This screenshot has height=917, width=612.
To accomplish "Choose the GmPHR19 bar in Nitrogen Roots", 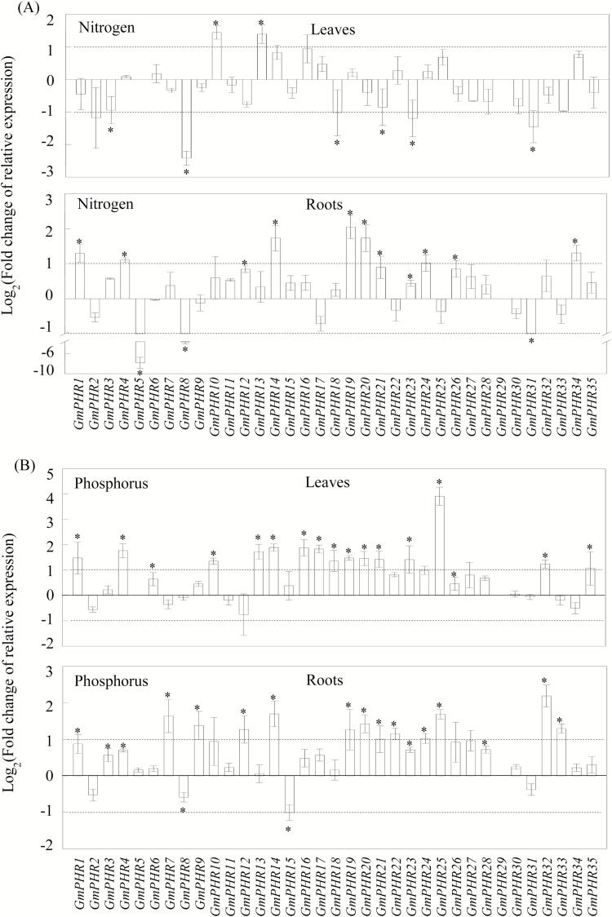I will click(x=350, y=261).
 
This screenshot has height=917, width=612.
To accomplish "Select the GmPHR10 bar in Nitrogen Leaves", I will click(x=217, y=55).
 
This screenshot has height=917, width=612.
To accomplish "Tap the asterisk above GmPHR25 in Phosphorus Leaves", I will click(x=439, y=483).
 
